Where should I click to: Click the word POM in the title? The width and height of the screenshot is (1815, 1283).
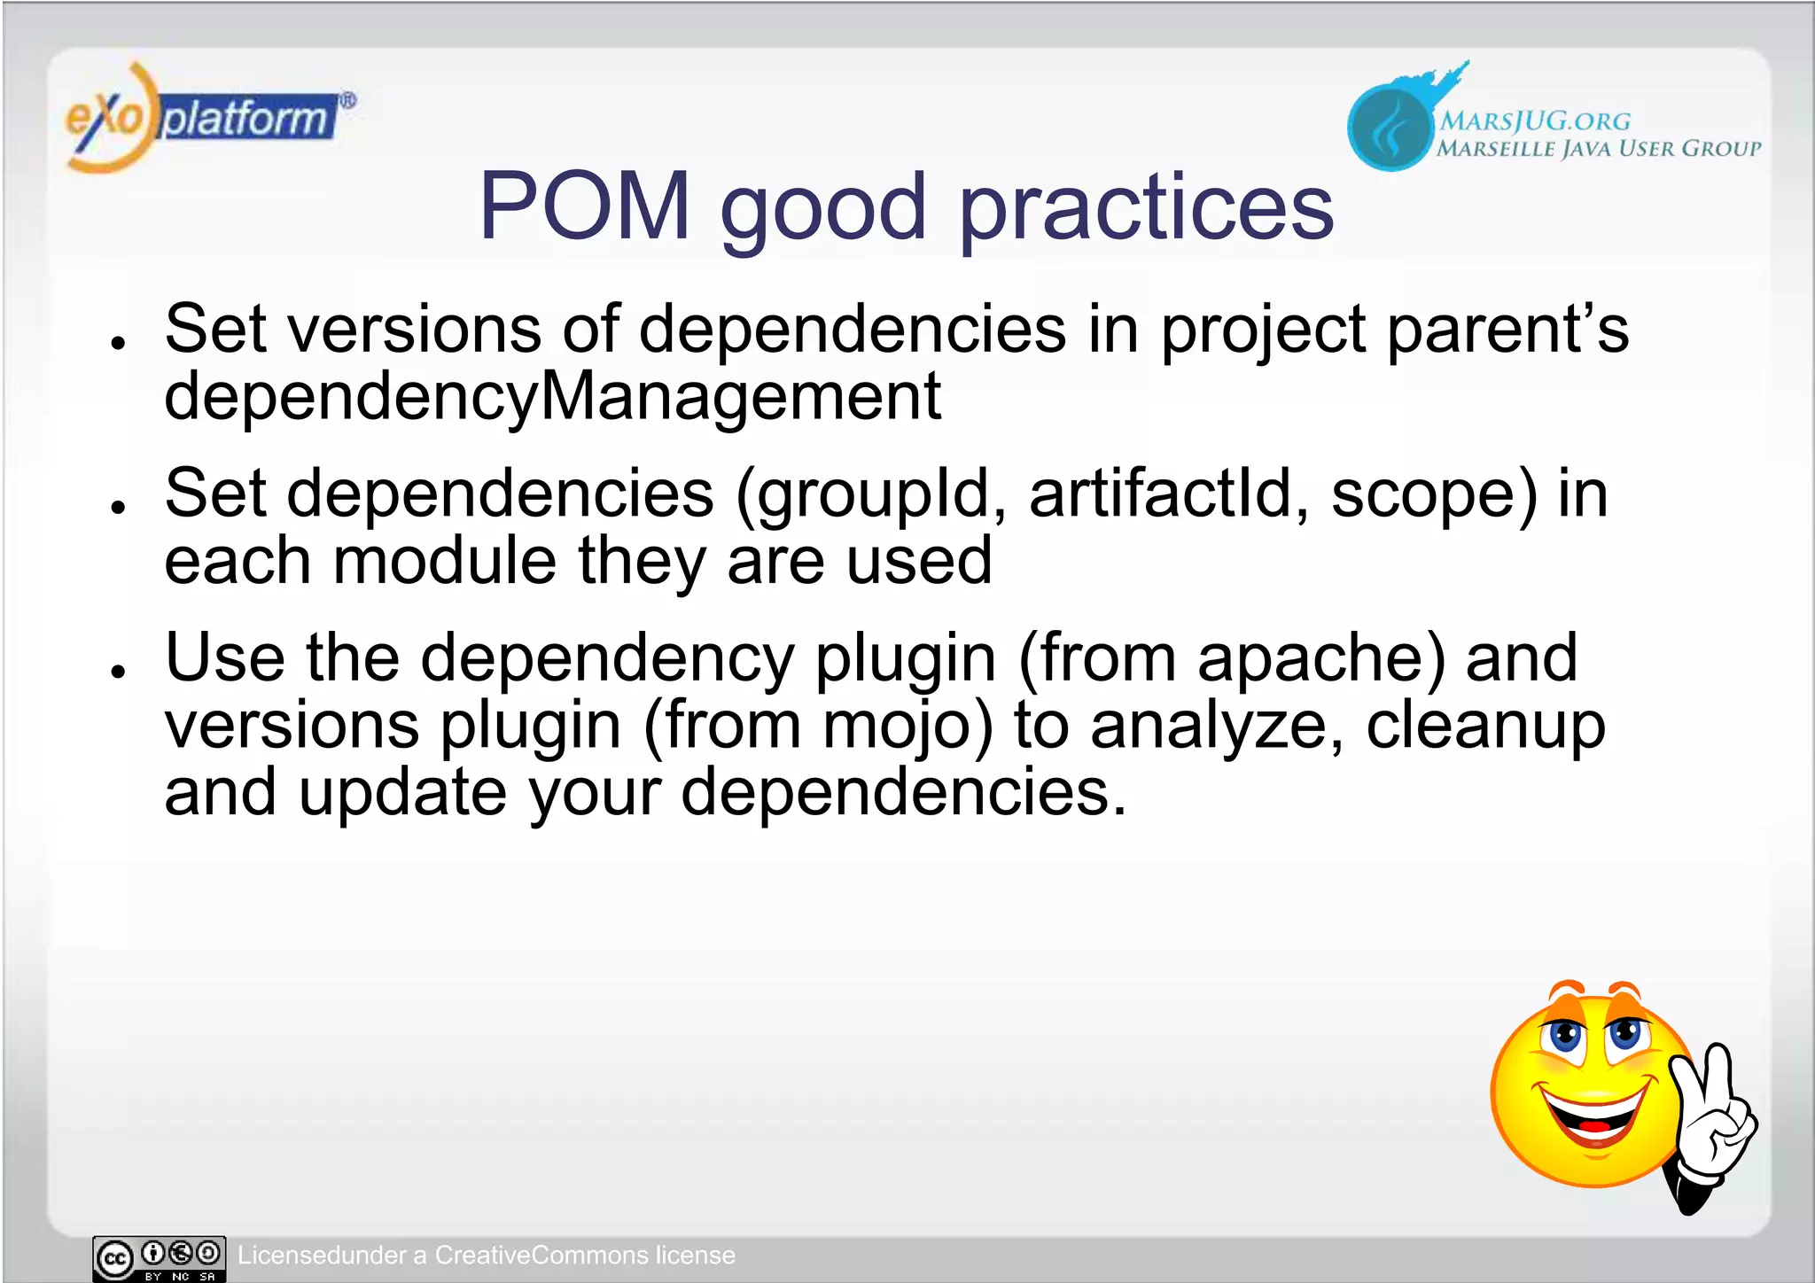[584, 206]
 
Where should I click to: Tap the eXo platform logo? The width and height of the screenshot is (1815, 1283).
[208, 118]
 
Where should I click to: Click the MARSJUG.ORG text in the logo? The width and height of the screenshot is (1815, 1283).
[1534, 121]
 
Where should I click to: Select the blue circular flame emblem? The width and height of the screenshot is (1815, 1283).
[1389, 128]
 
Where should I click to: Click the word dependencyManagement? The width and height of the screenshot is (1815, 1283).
[552, 396]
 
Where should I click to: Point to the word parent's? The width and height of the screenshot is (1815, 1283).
[1507, 330]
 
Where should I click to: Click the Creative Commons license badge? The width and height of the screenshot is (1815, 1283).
[160, 1258]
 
